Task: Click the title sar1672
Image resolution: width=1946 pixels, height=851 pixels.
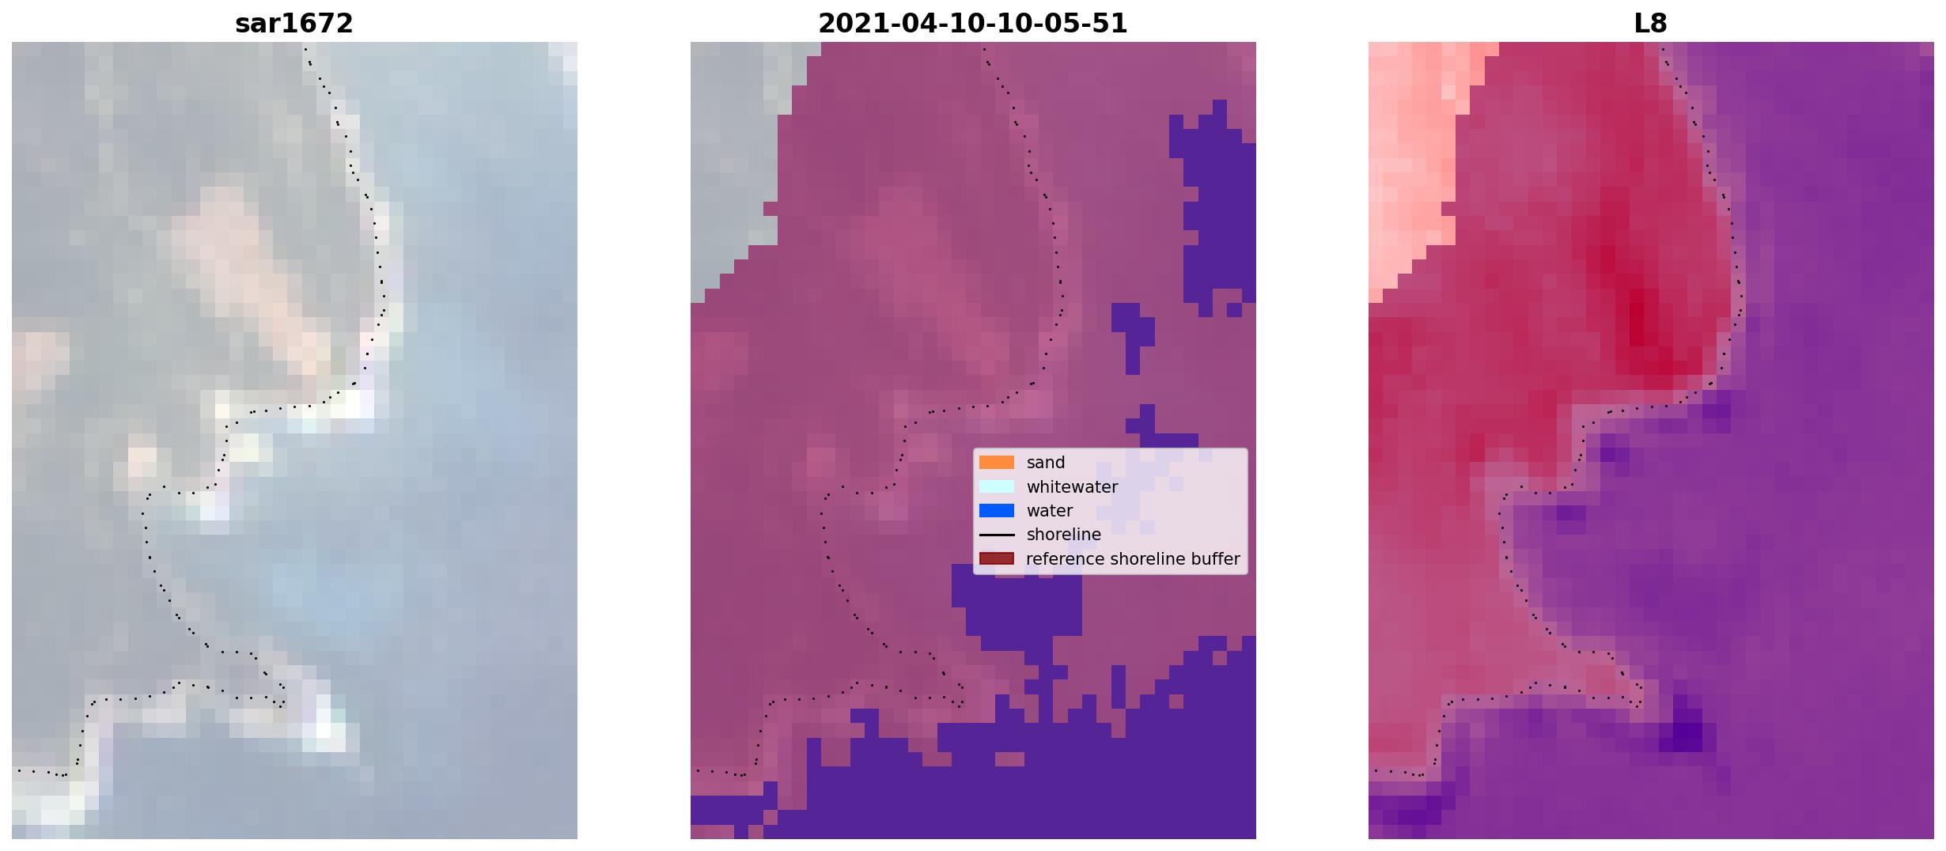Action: (x=293, y=24)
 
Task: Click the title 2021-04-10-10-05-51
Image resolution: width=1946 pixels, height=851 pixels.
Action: (x=972, y=24)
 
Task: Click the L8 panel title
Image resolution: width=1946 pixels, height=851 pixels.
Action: (x=1650, y=24)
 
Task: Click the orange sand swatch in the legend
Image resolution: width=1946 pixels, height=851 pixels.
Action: (x=996, y=463)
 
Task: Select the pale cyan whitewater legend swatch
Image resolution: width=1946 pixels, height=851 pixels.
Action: (x=996, y=486)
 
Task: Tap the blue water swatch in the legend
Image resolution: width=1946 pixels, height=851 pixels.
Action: (x=996, y=511)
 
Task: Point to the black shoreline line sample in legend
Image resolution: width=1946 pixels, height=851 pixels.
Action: (x=996, y=535)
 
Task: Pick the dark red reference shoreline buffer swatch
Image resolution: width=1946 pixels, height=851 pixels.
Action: (x=996, y=559)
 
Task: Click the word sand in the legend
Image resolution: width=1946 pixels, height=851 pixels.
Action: (x=1046, y=463)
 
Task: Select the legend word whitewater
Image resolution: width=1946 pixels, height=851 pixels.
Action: (x=1072, y=487)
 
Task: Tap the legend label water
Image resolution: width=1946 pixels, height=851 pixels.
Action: (x=1049, y=511)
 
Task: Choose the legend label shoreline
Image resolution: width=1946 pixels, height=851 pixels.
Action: (x=1063, y=535)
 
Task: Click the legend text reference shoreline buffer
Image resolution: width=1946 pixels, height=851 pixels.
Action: (x=1133, y=559)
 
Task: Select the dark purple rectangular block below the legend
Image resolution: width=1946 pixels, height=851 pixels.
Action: (x=1017, y=605)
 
